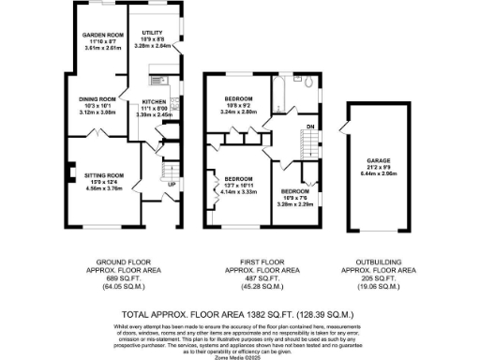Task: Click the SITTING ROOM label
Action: point(104,175)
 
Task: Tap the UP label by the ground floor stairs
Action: point(172,184)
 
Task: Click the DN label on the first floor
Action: point(309,125)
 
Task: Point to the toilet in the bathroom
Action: point(307,82)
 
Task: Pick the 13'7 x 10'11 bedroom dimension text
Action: point(238,185)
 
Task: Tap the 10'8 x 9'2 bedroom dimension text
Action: point(240,106)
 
